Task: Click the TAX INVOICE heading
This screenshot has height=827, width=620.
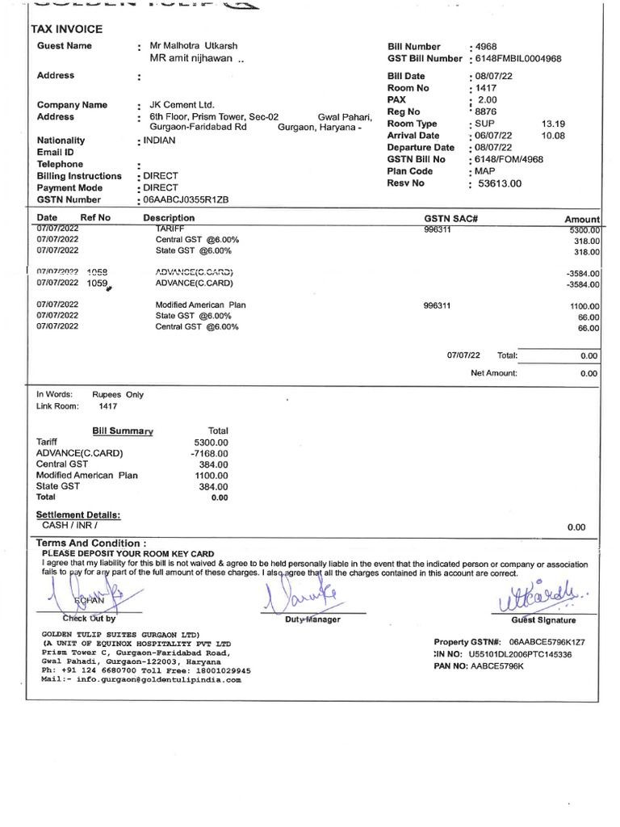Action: [66, 29]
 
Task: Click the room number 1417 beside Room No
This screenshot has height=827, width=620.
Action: [487, 87]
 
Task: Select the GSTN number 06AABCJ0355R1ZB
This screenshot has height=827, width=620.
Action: [185, 199]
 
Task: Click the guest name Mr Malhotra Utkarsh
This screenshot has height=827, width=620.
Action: [195, 47]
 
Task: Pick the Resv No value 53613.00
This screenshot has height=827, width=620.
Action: [500, 183]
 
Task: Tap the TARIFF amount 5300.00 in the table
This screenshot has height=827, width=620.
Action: [584, 230]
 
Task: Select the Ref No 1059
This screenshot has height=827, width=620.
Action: [97, 283]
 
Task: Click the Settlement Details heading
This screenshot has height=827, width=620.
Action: [78, 514]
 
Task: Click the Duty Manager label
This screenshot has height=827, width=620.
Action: [312, 619]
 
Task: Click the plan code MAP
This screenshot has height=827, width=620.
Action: [487, 171]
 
